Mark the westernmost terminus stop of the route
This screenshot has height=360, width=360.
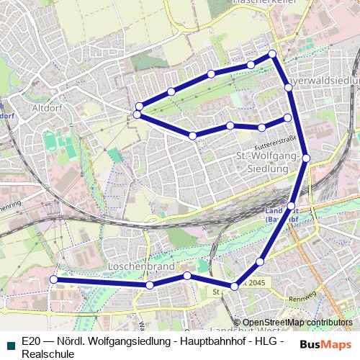[53, 279]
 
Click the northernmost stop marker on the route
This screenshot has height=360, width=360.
[272, 54]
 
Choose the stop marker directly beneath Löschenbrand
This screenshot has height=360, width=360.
[150, 285]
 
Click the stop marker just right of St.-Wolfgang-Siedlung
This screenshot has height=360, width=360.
[306, 157]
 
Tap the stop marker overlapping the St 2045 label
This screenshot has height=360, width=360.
[234, 287]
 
